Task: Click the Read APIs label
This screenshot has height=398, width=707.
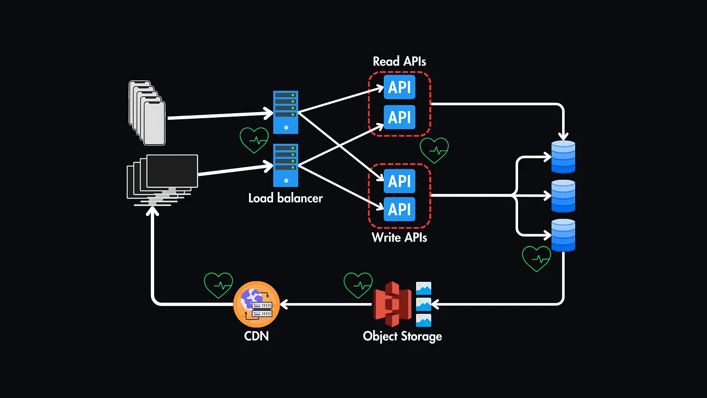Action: pos(399,62)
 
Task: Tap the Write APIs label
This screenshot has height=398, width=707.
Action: pos(399,237)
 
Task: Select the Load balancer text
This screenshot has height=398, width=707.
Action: pos(285,198)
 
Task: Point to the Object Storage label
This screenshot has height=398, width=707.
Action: pos(402,336)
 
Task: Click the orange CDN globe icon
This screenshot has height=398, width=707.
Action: pos(257,304)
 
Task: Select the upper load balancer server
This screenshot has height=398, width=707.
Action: pos(286,112)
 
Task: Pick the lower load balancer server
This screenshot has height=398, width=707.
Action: pos(286,165)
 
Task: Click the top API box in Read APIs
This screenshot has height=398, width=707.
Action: pos(399,88)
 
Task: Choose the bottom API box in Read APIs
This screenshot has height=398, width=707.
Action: pos(399,117)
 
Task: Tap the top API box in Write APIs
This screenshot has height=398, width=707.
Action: pos(399,181)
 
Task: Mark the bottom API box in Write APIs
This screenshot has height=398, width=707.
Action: pos(399,209)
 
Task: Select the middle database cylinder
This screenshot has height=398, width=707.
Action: pos(564,196)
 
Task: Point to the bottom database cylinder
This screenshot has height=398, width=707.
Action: pos(564,235)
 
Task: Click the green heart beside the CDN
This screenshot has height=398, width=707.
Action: pos(219,285)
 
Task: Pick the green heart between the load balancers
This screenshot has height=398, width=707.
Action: pos(254,140)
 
